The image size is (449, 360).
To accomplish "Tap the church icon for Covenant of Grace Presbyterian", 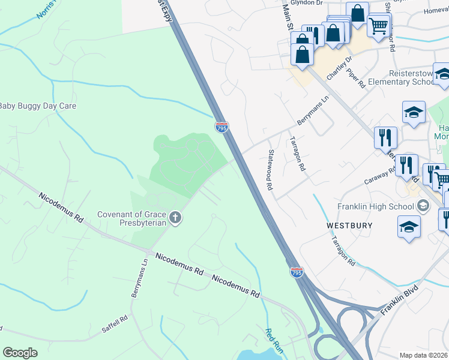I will coord(175,217).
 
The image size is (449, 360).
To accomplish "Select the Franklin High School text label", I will coord(375,206).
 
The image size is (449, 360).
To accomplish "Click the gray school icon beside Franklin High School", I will coord(423,206).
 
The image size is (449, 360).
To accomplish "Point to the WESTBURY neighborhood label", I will coord(349,226).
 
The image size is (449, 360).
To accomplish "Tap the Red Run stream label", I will coord(274,340).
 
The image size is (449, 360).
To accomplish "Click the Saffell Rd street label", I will coord(114,324).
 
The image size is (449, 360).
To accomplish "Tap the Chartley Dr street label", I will coord(339,68).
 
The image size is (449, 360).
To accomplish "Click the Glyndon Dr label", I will coord(307,2).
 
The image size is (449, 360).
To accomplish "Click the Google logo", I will coord(20,353).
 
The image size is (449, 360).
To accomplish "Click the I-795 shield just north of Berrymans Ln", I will coord(221,127).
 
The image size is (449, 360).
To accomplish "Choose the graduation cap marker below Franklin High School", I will coord(409,227).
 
